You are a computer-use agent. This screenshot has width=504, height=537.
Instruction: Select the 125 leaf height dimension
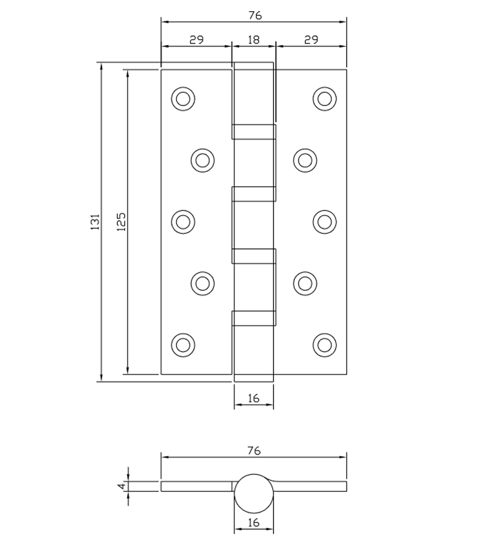(x=121, y=222)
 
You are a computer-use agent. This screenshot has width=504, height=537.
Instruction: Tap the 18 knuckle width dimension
(x=253, y=39)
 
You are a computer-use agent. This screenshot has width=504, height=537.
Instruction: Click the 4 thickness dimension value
(x=121, y=486)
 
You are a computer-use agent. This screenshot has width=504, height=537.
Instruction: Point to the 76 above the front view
(x=255, y=15)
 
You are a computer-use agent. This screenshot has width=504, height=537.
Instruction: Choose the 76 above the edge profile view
(x=253, y=451)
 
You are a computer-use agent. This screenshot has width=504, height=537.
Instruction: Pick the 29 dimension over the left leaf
(x=196, y=39)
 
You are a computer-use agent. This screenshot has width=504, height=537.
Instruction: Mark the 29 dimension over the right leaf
(x=311, y=39)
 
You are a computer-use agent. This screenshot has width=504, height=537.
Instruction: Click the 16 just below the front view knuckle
(x=253, y=399)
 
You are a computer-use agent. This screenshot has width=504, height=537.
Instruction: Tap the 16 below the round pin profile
(x=253, y=523)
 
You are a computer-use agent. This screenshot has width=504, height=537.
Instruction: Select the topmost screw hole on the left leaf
(x=183, y=98)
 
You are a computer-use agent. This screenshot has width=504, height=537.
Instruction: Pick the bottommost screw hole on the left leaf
(x=183, y=344)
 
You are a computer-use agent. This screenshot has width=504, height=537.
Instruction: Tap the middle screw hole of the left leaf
(x=183, y=221)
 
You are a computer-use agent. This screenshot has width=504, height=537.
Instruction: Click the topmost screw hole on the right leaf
(x=324, y=98)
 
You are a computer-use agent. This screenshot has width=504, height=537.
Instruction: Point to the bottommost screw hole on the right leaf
(x=324, y=344)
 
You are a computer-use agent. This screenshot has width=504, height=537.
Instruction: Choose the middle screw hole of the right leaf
(x=324, y=221)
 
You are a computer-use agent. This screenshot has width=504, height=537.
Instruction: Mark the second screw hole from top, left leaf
(x=203, y=160)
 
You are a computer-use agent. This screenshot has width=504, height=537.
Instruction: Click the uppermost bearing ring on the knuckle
(x=253, y=131)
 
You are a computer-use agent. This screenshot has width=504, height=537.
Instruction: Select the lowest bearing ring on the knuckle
(x=253, y=318)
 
